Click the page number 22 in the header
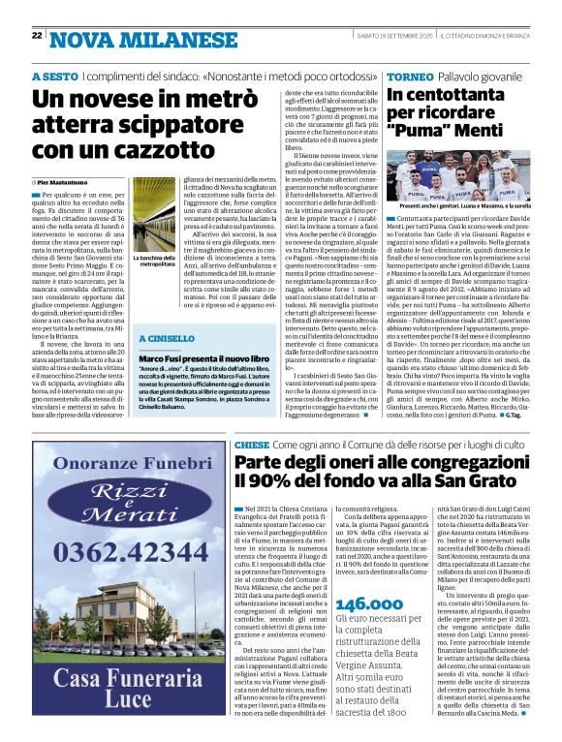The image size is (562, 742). [37, 35]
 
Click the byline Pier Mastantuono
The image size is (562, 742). [68, 181]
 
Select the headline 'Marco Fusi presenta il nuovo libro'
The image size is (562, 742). [201, 360]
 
